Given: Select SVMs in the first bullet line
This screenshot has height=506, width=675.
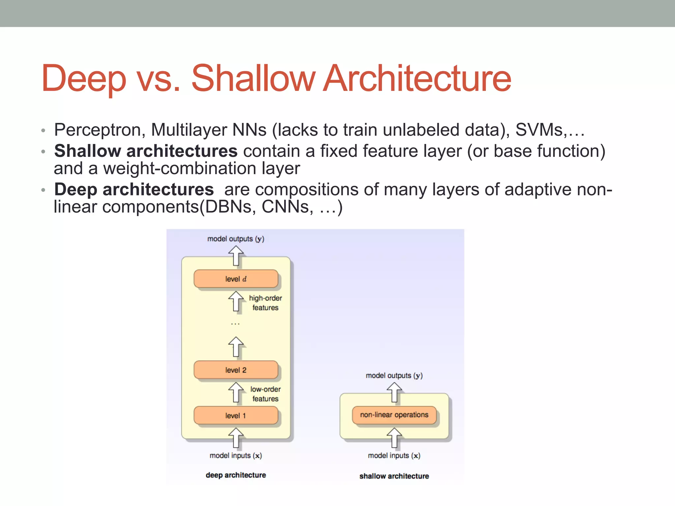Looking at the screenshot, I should click(539, 130).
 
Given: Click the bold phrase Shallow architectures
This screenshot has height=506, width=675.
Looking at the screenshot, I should click(146, 151).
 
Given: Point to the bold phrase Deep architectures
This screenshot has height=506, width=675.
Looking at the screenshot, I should click(134, 190).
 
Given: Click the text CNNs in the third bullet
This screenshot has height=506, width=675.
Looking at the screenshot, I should click(285, 207).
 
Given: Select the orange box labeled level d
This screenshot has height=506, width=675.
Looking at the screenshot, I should click(236, 279).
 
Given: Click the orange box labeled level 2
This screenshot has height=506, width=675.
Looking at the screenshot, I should click(236, 370).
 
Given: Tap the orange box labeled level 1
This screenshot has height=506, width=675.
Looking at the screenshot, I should click(236, 415).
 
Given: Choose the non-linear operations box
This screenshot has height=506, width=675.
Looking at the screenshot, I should click(394, 415).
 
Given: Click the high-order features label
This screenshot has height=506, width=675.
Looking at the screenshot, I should click(265, 303).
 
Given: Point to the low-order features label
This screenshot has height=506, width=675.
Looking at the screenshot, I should click(265, 394).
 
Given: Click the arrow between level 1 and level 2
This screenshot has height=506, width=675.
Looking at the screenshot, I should click(236, 392).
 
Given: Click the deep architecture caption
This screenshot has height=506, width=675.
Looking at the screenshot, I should click(236, 475).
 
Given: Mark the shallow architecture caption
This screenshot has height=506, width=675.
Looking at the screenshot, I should click(394, 476).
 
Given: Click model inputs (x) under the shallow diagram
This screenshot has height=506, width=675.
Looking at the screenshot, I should click(394, 456).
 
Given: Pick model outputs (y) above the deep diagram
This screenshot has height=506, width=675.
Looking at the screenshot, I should click(236, 239).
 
